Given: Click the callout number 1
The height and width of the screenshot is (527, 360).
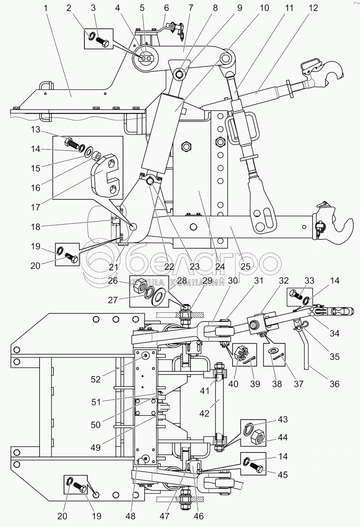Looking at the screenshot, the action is [x=46, y=8].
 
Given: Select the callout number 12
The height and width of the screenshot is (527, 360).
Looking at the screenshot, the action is [x=313, y=8].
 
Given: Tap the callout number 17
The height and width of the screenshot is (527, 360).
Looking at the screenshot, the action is [x=35, y=207].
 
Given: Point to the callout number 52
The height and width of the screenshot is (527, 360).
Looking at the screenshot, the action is [x=96, y=379].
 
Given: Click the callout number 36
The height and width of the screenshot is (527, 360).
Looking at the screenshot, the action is [x=334, y=384].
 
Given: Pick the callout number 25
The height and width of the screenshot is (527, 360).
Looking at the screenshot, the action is [x=246, y=267].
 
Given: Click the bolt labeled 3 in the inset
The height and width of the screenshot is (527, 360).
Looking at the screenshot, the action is [x=102, y=42].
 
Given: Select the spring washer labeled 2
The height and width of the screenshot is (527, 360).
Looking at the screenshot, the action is [x=92, y=36].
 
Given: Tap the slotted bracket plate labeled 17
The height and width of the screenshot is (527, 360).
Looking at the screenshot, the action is [x=107, y=175].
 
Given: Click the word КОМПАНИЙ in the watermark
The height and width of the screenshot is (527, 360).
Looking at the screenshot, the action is [x=197, y=282].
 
